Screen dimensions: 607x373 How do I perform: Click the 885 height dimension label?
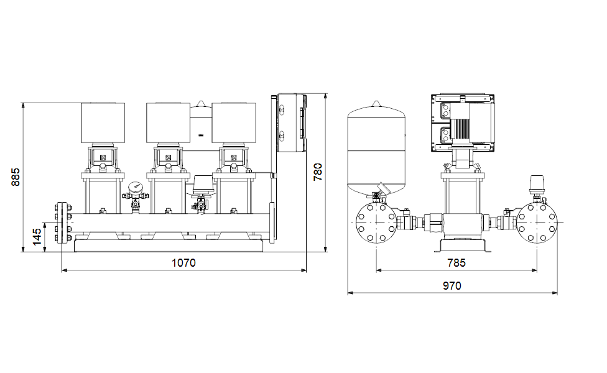click(x=15, y=177)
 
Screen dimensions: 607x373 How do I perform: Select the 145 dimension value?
click(x=37, y=237)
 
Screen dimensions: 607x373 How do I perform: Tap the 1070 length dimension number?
click(x=183, y=263)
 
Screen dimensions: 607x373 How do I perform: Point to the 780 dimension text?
click(x=317, y=172)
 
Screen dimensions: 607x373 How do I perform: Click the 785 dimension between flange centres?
click(x=456, y=263)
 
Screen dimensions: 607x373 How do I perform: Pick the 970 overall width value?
click(x=452, y=285)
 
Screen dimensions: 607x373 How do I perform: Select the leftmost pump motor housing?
click(x=103, y=122)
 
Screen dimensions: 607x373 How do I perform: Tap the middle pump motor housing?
click(x=168, y=122)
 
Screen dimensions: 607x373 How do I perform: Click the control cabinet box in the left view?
click(x=292, y=122)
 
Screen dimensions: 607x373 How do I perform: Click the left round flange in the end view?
click(x=376, y=223)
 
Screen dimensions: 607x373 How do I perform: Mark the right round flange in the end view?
click(x=537, y=223)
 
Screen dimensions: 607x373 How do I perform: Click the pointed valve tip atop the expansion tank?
click(x=376, y=104)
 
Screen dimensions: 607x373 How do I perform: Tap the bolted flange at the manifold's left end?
click(x=62, y=223)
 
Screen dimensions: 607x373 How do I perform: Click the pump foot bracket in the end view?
click(x=462, y=246)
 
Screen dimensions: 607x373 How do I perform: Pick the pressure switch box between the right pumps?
click(x=203, y=183)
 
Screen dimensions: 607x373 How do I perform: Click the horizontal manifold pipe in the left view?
click(x=170, y=223)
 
